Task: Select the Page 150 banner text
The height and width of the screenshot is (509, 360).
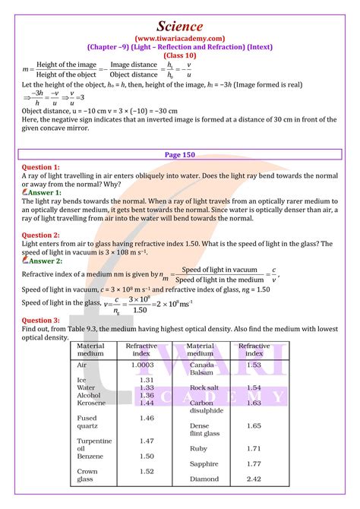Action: (180, 154)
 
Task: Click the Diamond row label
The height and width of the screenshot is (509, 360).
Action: (205, 479)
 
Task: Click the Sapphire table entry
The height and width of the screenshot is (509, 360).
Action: (204, 463)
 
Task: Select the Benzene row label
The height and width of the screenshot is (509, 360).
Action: (92, 457)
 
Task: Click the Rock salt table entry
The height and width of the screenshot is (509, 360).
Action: (205, 388)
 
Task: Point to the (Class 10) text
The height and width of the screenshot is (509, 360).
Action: (180, 55)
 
